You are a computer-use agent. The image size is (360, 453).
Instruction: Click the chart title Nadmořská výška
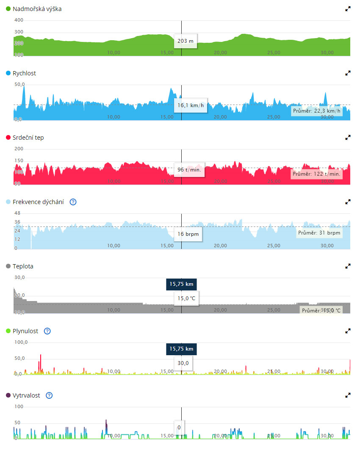(37, 8)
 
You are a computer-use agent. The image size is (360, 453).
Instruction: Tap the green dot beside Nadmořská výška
(8, 8)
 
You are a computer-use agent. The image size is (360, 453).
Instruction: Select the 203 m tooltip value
(186, 41)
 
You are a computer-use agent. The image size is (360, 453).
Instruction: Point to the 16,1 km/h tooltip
(191, 105)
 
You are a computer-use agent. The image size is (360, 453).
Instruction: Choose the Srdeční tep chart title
(28, 138)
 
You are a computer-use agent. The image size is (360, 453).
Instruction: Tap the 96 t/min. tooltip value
(189, 170)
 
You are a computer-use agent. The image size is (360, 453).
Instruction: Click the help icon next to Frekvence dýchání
(73, 202)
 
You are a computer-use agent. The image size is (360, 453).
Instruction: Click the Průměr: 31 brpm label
(319, 233)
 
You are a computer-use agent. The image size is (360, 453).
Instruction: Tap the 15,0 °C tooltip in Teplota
(186, 298)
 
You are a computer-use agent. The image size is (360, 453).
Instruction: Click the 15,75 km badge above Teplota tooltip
(181, 284)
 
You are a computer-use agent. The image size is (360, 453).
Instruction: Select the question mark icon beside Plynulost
(47, 331)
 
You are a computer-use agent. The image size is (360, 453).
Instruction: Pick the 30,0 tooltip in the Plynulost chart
(183, 363)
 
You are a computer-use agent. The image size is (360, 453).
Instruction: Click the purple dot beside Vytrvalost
(8, 395)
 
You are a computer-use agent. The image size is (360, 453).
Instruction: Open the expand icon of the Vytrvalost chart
(348, 395)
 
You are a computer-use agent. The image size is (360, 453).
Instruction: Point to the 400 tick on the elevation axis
(19, 20)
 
